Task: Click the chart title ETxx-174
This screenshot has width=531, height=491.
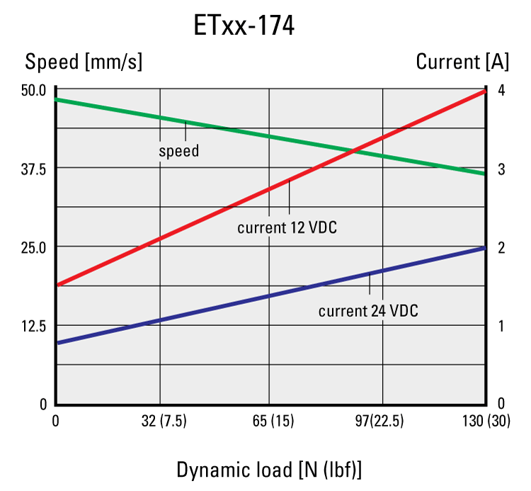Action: (244, 26)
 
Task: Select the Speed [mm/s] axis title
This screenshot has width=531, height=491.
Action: (84, 62)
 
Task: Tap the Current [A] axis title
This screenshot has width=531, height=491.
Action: (462, 62)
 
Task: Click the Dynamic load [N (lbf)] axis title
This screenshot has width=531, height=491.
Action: (269, 470)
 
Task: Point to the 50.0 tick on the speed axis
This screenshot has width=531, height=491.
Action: (34, 90)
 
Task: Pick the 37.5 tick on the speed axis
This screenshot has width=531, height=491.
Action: (34, 169)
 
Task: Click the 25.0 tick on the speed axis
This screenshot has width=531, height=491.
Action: (34, 247)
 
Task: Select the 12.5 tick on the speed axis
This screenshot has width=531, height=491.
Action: (34, 326)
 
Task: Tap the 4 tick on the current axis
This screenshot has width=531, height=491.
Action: (501, 90)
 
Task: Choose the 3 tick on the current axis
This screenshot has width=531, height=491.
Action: (501, 169)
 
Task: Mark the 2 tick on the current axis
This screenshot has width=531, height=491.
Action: (501, 247)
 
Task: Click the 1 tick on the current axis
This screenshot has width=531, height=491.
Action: (501, 326)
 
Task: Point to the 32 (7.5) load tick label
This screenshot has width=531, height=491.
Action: (164, 422)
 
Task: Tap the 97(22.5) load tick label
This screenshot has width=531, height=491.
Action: (379, 422)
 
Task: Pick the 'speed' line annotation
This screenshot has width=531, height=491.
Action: (178, 151)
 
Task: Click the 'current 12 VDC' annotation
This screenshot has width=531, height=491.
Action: (287, 228)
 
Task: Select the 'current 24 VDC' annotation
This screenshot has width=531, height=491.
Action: (368, 311)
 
